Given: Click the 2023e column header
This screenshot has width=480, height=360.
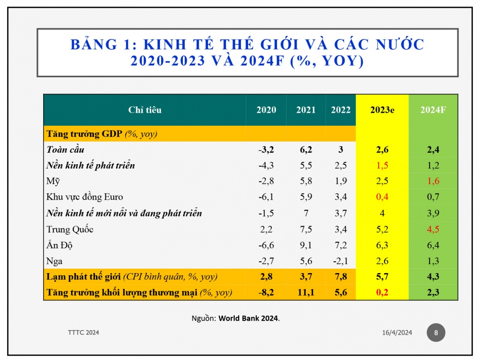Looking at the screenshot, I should (x=382, y=110).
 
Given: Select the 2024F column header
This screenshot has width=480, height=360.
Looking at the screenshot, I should (x=433, y=110).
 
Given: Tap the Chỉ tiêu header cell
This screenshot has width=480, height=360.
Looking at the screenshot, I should (x=145, y=110).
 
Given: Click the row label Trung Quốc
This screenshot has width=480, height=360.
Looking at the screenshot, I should (x=70, y=229).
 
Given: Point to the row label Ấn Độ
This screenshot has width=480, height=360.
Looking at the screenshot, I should (x=59, y=246).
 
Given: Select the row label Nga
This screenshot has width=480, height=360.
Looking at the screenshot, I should (x=54, y=262).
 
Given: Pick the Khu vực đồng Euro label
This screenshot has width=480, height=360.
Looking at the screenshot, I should (x=84, y=197).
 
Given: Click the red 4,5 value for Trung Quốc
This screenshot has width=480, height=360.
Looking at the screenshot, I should (x=433, y=229).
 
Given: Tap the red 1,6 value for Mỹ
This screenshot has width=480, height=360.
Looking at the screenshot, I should (x=433, y=181).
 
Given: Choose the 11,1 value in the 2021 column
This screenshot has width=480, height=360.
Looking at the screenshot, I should (x=306, y=293).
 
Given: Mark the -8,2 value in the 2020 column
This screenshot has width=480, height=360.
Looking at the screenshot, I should (x=266, y=293).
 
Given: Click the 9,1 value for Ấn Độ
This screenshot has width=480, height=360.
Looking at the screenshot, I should (x=306, y=246).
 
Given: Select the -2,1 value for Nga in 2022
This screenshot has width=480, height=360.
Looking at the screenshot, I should (x=340, y=262).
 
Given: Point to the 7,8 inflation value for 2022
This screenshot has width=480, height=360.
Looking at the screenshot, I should (x=340, y=277).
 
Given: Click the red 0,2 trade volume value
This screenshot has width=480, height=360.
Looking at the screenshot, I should (x=382, y=293).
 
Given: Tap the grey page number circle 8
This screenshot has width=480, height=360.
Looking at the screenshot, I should (x=436, y=333).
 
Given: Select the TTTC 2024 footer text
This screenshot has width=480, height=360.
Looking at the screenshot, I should (x=84, y=333).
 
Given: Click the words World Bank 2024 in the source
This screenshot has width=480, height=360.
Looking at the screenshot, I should (x=249, y=318).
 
